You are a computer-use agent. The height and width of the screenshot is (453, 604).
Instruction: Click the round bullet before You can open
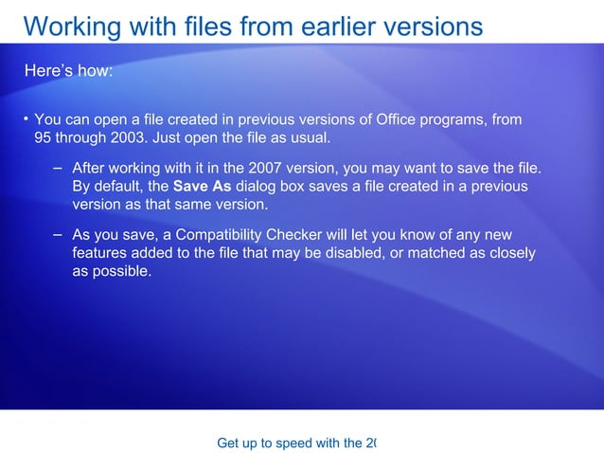click(27, 119)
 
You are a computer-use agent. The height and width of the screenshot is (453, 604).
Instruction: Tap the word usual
click(309, 138)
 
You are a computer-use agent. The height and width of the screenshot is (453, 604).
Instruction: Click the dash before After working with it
click(59, 168)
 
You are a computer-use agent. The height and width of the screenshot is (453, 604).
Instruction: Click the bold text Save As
click(202, 186)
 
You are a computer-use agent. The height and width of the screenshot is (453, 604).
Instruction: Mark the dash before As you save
click(59, 234)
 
